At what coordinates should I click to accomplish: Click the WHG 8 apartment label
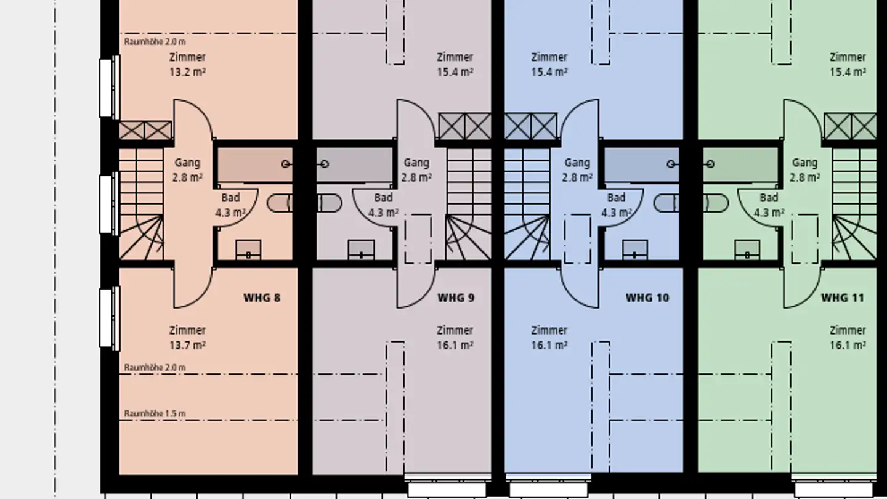[x=262, y=298]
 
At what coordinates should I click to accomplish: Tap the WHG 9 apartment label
[x=456, y=298]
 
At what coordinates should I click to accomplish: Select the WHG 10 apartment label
[x=647, y=298]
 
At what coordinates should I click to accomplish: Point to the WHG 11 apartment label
[x=842, y=298]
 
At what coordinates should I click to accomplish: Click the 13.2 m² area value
[x=187, y=71]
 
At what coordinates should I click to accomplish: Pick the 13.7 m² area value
[x=187, y=345]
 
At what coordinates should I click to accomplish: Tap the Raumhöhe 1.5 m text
[x=155, y=413]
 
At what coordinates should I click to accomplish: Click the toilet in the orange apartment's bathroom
[x=280, y=203]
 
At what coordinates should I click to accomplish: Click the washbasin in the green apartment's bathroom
[x=747, y=250]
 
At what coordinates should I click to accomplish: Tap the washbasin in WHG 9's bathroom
[x=361, y=250]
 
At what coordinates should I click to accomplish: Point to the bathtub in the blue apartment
[x=641, y=164]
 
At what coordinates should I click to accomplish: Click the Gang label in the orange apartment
[x=187, y=163]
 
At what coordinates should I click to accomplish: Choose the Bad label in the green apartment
[x=769, y=198]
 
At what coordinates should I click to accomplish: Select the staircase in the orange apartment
[x=141, y=203]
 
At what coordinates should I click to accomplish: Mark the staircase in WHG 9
[x=468, y=203]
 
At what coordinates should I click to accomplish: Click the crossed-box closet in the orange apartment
[x=145, y=131]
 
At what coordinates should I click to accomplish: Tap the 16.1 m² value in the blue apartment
[x=549, y=345]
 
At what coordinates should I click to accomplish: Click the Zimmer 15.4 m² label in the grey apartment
[x=455, y=64]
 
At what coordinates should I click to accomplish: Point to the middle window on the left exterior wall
[x=108, y=204]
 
